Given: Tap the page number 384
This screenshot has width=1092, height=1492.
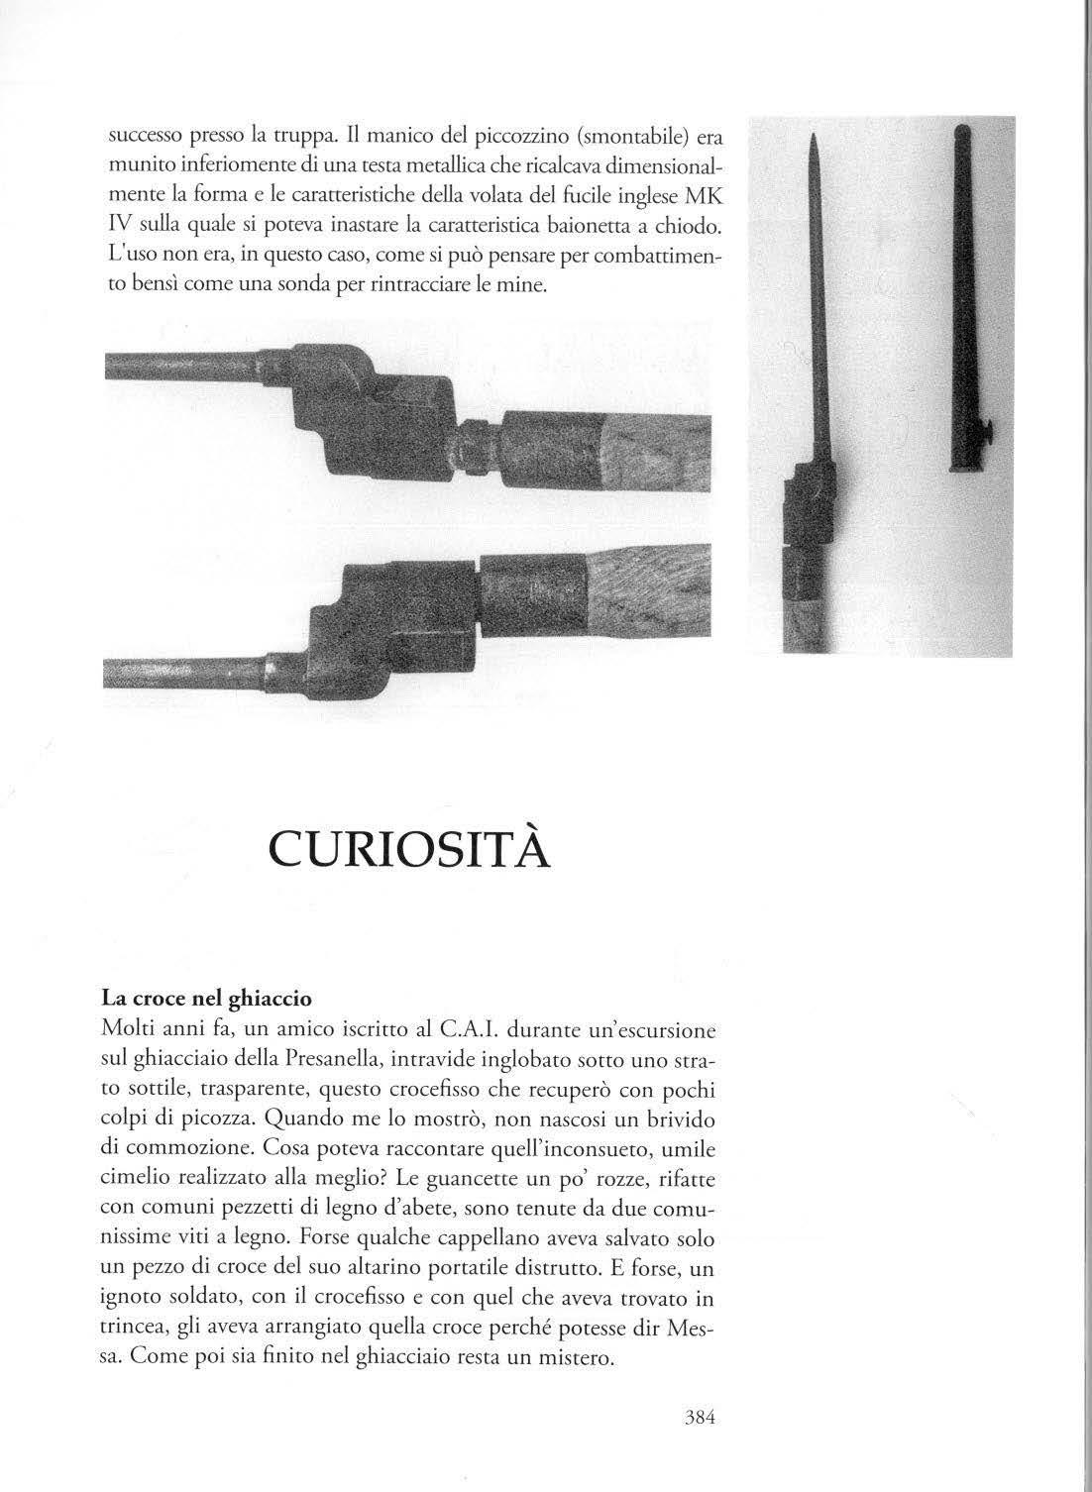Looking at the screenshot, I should coord(700,1416).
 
